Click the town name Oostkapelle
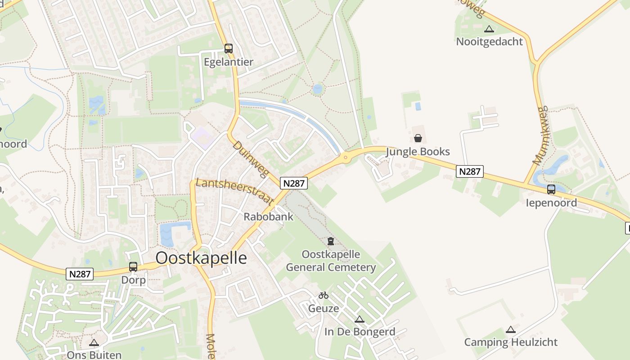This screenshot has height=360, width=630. (x=201, y=258)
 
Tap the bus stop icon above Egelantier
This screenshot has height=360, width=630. (x=229, y=49)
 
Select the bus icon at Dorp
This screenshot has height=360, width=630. (x=133, y=267)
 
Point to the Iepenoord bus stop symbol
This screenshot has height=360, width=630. (x=551, y=189)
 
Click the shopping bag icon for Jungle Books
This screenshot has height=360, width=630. (x=418, y=138)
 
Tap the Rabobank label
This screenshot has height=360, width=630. (x=268, y=216)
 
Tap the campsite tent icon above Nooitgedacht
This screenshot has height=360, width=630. (x=489, y=29)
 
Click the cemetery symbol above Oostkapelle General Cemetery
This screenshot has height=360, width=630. (x=331, y=242)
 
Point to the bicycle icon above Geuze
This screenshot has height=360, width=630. (x=324, y=296)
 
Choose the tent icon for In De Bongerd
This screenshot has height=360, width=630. (x=359, y=319)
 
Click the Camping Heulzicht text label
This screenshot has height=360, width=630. (x=511, y=342)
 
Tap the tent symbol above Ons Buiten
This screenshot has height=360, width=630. (x=94, y=343)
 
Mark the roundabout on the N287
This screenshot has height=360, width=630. (x=346, y=157)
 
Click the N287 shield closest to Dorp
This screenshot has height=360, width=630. (x=80, y=274)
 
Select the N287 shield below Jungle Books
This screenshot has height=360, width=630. (x=470, y=171)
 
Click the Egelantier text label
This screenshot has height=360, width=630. (x=229, y=62)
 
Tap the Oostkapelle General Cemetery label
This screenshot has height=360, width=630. (x=331, y=261)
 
